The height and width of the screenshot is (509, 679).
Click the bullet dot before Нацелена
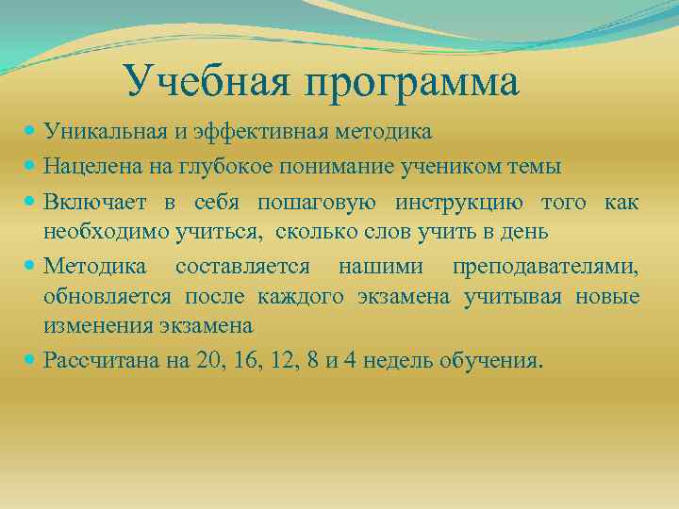click(x=33, y=167)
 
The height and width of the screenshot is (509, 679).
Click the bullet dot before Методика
click(x=33, y=268)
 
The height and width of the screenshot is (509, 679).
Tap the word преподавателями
click(x=545, y=268)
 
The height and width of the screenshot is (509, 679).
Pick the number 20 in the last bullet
click(x=204, y=361)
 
